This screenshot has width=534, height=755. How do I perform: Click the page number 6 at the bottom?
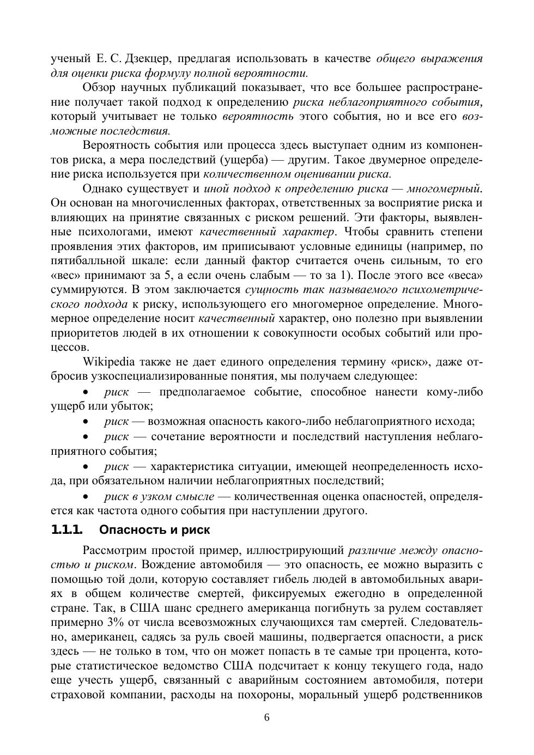[x=267, y=717]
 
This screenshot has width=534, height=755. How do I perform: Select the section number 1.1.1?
[x=66, y=529]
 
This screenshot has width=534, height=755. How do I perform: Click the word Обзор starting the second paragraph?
[x=98, y=87]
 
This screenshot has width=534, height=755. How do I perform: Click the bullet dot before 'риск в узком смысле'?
[x=86, y=496]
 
